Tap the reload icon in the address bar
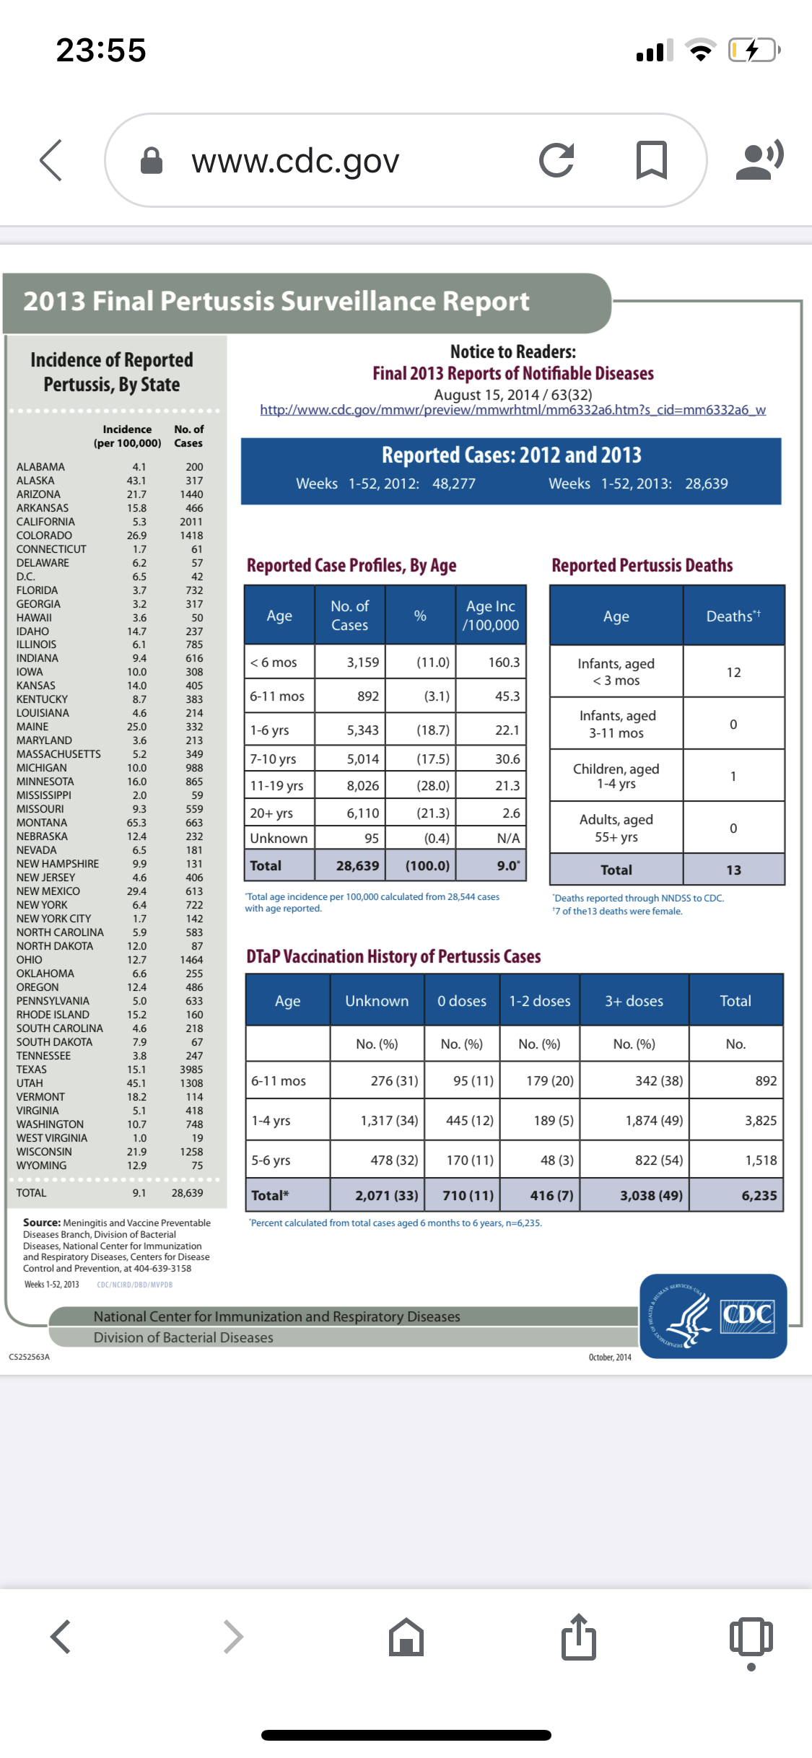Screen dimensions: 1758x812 [x=556, y=160]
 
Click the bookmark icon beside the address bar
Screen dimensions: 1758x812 [x=651, y=160]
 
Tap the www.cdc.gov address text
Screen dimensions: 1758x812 [x=295, y=161]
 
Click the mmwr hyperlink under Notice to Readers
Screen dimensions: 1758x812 [x=512, y=410]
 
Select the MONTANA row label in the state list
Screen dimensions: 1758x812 [x=42, y=823]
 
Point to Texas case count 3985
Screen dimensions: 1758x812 [x=191, y=1070]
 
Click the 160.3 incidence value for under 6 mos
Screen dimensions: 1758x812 [x=504, y=662]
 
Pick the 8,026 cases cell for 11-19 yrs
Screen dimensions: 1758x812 [x=362, y=786]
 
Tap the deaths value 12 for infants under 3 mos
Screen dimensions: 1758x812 [x=733, y=673]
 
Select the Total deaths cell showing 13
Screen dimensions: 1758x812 [x=733, y=870]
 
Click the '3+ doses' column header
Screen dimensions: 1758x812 [x=634, y=1001]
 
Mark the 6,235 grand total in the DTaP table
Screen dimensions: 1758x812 [x=759, y=1196]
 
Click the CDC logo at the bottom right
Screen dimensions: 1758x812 [x=713, y=1316]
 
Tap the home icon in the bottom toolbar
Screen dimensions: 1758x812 [x=406, y=1637]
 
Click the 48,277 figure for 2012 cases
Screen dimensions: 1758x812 [x=453, y=484]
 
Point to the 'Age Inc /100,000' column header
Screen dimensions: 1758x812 [x=491, y=616]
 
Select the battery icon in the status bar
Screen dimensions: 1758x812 [x=753, y=51]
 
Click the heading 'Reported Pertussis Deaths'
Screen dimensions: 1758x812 [x=642, y=566]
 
